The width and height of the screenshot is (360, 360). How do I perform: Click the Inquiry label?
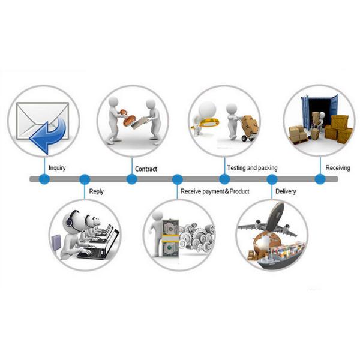tap(57, 167)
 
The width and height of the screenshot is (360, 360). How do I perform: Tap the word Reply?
tap(96, 191)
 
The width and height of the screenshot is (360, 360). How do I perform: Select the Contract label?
tap(146, 169)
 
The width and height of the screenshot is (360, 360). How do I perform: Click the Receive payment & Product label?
tap(215, 191)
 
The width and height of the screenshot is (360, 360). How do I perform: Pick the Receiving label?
tap(338, 167)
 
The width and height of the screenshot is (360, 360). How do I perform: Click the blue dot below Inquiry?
tap(44, 179)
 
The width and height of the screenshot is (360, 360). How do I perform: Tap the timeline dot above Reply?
tap(85, 179)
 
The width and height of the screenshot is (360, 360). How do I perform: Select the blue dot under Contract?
tap(131, 179)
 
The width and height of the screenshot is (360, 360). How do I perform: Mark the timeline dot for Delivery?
tap(272, 179)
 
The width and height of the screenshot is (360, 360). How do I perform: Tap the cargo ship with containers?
tap(279, 252)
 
